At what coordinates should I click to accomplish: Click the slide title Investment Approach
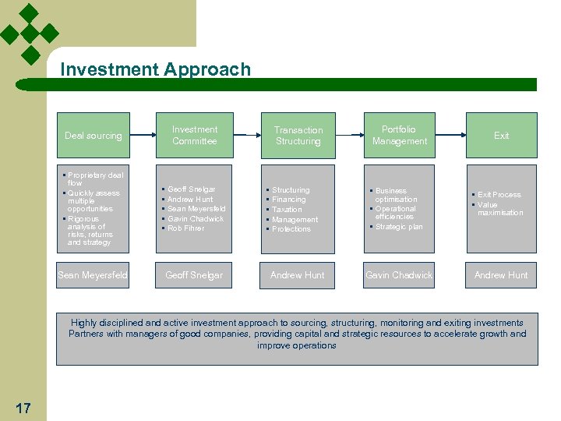156,69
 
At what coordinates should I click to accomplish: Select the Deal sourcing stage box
93,136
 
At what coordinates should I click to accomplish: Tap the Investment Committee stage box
194,136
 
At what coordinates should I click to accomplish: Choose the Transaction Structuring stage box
298,136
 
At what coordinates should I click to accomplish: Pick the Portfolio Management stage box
399,136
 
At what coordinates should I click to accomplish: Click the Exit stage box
501,136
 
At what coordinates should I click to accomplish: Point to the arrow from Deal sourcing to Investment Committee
143,135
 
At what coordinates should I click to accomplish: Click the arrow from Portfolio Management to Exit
450,135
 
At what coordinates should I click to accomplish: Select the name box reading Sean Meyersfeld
93,275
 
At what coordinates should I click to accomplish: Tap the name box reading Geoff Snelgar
194,275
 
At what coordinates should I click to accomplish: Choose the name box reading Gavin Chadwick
399,275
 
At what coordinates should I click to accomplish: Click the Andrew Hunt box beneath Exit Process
501,275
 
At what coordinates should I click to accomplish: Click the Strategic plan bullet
399,227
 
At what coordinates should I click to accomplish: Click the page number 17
23,408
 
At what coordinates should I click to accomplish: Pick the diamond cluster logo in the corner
30,34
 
